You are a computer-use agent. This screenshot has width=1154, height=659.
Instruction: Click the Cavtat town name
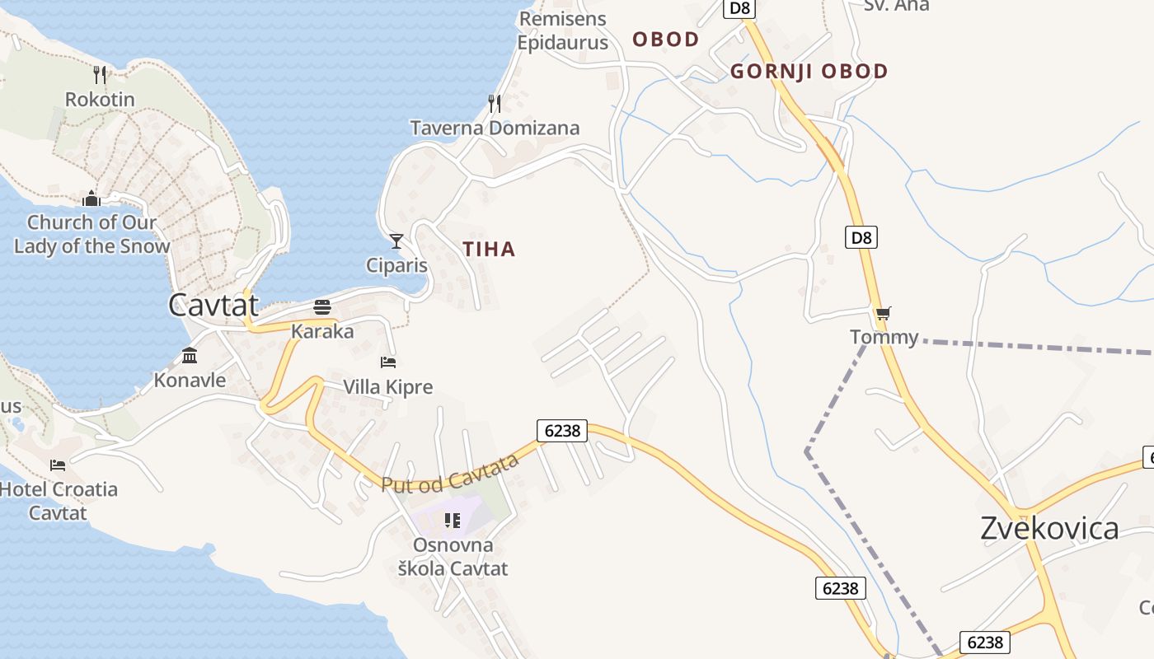213,305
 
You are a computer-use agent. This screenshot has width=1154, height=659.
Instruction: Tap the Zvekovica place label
1049,528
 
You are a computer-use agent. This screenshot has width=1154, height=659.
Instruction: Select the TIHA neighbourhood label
489,249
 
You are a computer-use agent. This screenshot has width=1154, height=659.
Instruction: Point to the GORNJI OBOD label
809,72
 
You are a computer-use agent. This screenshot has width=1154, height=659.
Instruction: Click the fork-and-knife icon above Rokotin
100,75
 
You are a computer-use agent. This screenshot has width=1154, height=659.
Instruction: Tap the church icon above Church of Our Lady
91,199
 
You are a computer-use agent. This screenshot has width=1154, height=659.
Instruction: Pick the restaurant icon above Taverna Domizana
495,103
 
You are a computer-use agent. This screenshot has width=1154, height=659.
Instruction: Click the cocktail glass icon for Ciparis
396,241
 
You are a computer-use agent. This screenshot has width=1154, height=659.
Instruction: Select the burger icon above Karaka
322,307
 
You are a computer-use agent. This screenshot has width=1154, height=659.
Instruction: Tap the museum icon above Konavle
190,356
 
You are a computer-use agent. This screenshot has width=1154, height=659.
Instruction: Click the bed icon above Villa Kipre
388,362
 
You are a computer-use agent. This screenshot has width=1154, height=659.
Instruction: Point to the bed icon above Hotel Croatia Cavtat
58,465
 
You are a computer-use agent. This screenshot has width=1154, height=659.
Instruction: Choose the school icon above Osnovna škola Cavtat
453,520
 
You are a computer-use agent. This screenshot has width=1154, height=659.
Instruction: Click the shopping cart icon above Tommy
884,313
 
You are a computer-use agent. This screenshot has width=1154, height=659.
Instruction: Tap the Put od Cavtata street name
450,473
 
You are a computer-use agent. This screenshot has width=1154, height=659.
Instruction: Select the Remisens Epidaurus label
562,30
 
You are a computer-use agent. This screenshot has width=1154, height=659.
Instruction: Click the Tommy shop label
884,337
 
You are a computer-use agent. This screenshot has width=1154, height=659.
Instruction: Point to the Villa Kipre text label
387,387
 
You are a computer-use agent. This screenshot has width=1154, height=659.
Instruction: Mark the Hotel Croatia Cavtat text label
58,501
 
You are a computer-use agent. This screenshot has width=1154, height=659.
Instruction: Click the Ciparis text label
397,265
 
